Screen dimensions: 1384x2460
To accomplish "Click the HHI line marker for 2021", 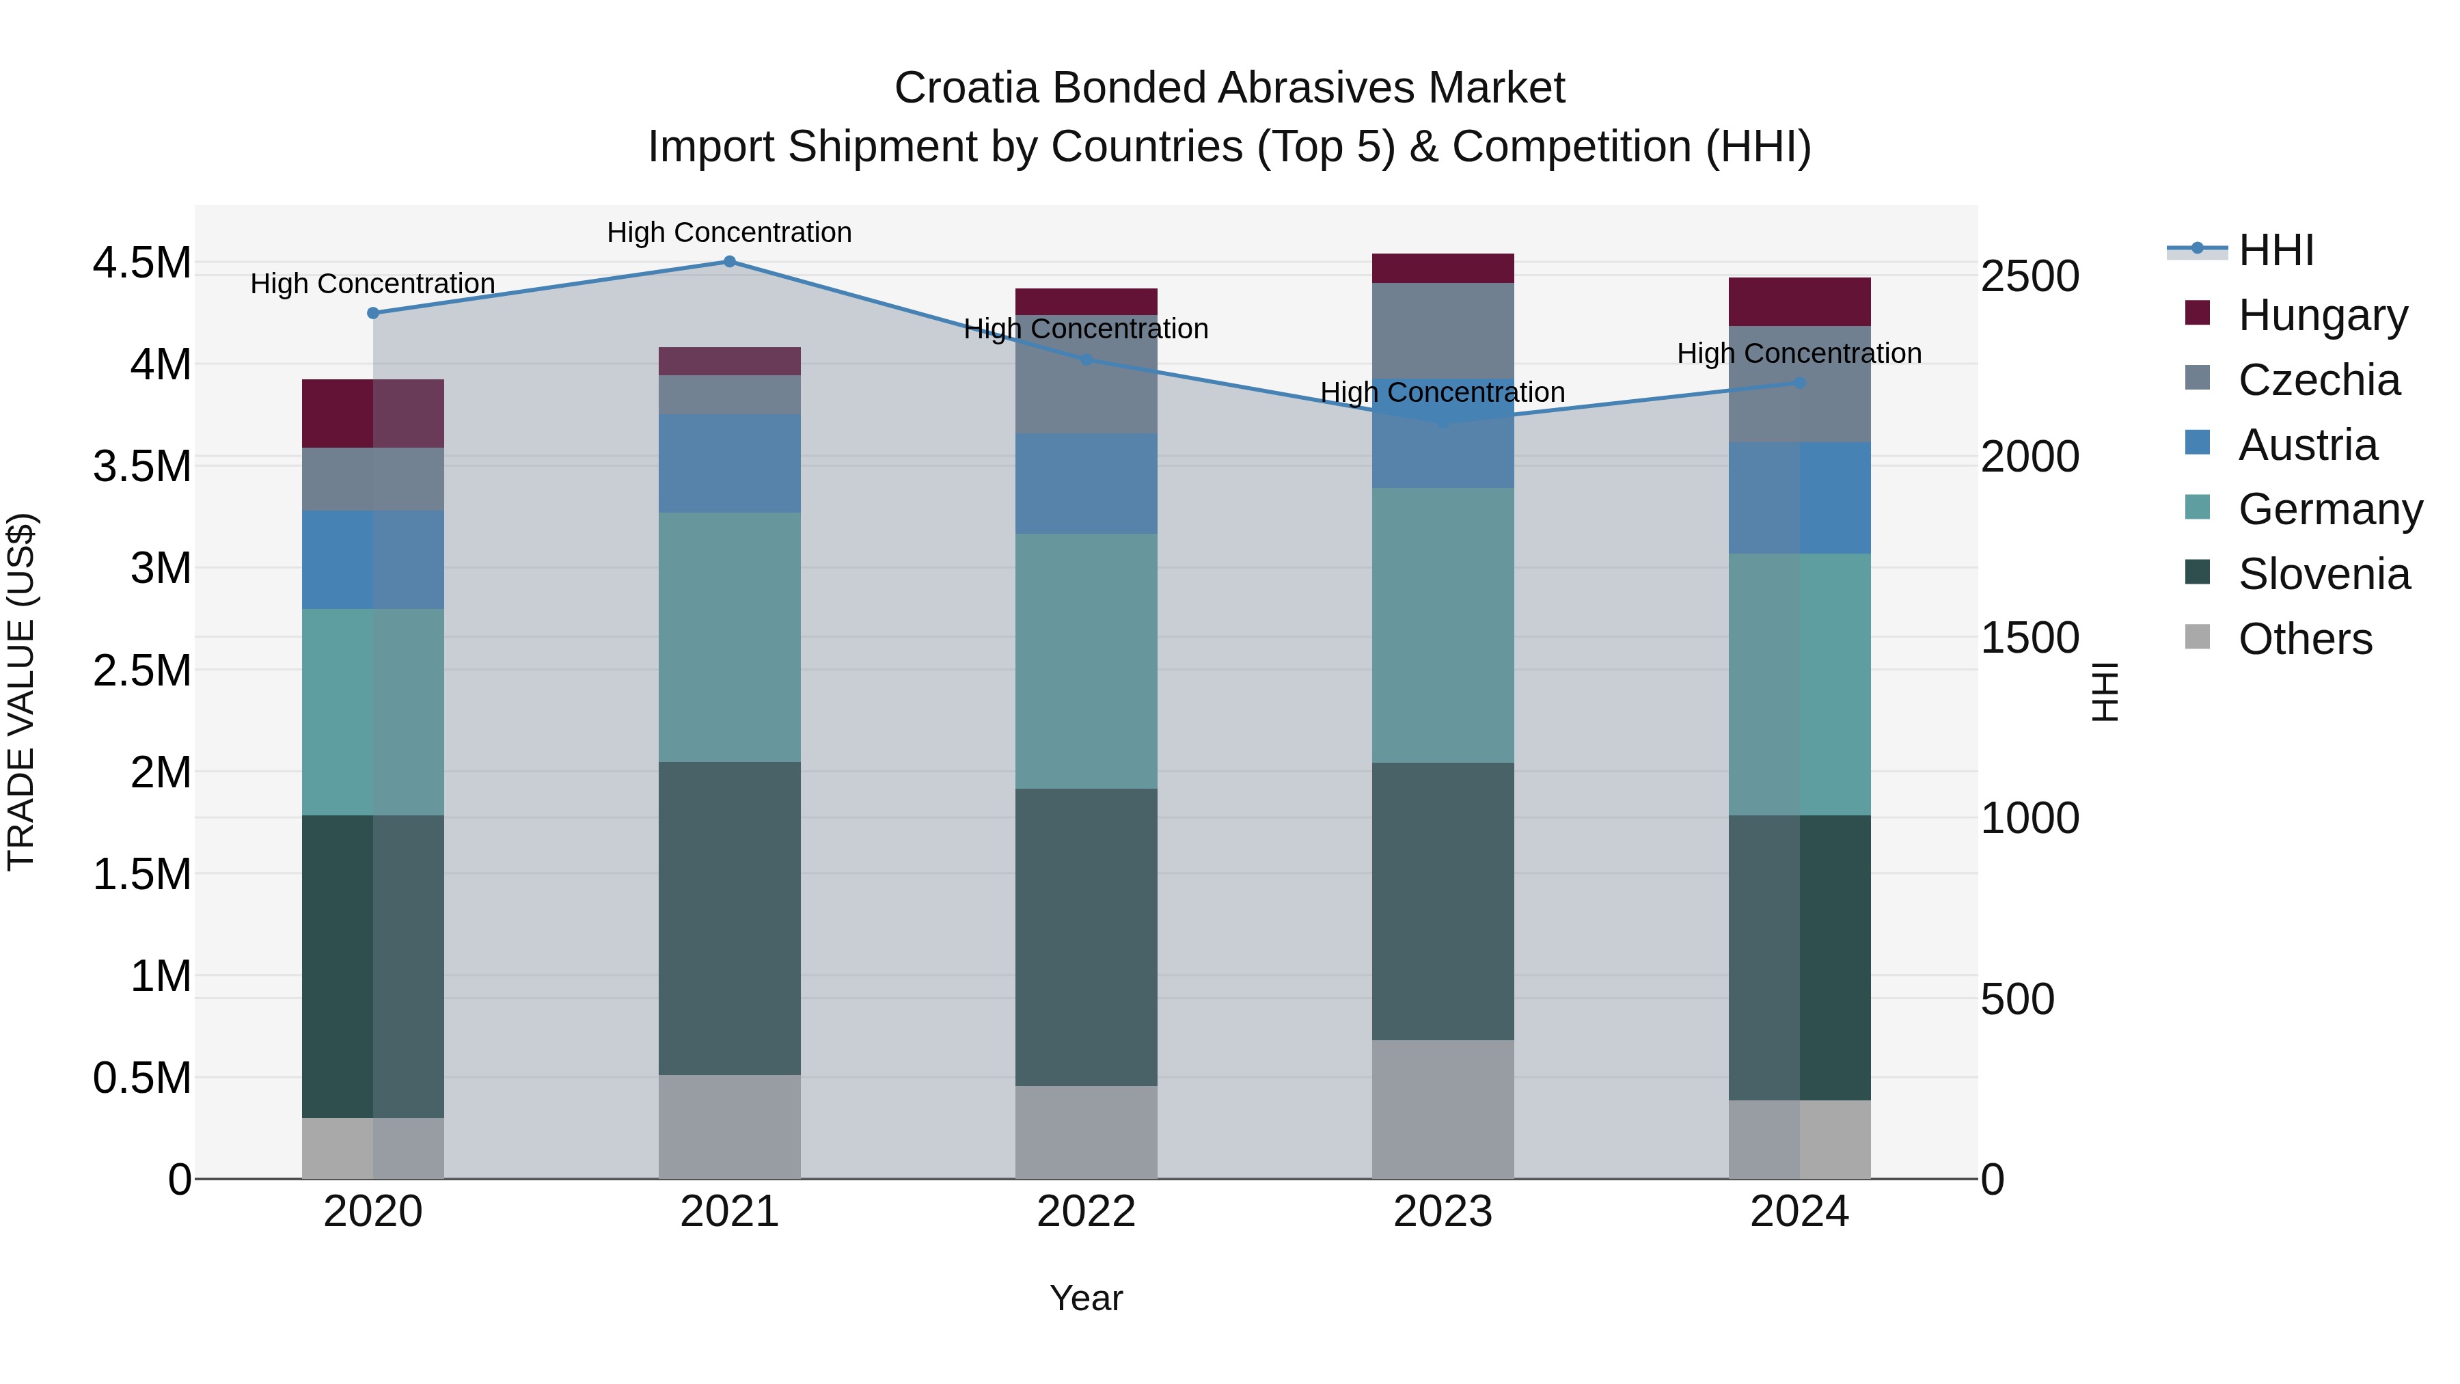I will (730, 261).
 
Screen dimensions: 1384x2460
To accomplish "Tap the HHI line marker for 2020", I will (373, 312).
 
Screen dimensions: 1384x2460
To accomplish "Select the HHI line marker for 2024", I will (1799, 382).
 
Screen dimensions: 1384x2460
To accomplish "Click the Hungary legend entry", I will (2321, 314).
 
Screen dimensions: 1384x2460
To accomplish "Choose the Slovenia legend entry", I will (2323, 574).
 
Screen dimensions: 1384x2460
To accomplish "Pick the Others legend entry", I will (2304, 639).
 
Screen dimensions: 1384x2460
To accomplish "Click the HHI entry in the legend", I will (2275, 250).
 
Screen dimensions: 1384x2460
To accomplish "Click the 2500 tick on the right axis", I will (2029, 276).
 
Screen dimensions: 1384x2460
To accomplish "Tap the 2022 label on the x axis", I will (1086, 1211).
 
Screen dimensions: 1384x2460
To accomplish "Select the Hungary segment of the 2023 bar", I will (1443, 269).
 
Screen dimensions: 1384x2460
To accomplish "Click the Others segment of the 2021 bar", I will (730, 1126).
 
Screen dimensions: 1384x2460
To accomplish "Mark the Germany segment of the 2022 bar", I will (1086, 660).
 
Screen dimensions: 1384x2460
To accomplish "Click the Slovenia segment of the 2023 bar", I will (1443, 901).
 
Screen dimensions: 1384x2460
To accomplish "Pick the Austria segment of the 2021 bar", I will (730, 463).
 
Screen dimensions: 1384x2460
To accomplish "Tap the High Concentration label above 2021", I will (730, 232).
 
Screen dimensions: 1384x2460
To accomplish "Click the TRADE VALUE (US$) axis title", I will (21, 692).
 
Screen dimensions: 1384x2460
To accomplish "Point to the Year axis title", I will (1086, 1298).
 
